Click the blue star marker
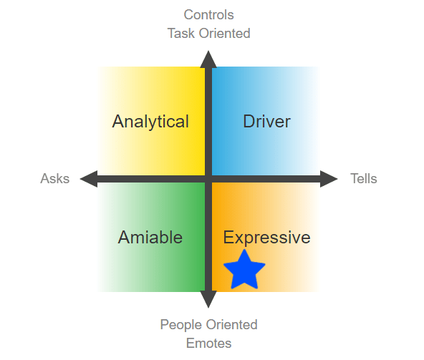244,271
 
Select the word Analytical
150,122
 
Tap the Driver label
267,122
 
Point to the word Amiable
150,238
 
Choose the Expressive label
267,238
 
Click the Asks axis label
55,179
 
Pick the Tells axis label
364,179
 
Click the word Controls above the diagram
208,15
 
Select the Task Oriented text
208,34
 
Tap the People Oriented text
208,325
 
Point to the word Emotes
208,344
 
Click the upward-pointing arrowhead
208,59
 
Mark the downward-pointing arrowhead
208,299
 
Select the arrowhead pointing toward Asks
89,179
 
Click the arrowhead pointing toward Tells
329,179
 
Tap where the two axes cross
208,179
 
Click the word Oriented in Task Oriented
225,34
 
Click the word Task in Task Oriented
181,34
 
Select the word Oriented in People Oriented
232,325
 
